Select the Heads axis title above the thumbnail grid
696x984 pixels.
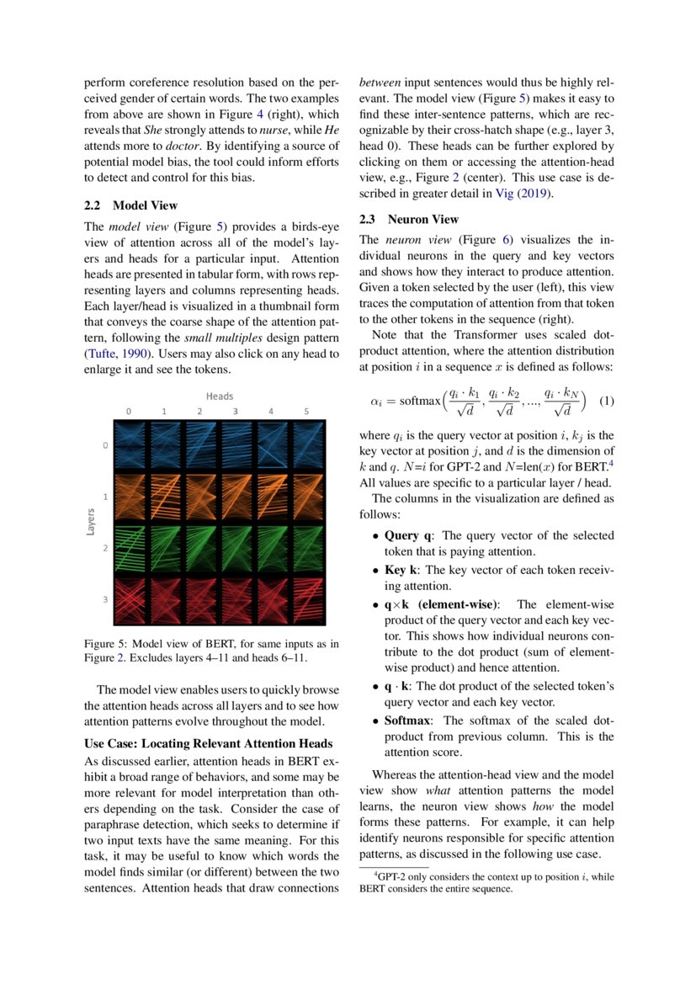pyautogui.click(x=219, y=396)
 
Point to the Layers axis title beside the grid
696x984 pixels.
pyautogui.click(x=90, y=522)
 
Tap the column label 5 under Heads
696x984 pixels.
pyautogui.click(x=306, y=412)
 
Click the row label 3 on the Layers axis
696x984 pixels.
pyautogui.click(x=105, y=599)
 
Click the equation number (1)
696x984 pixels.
pyautogui.click(x=606, y=401)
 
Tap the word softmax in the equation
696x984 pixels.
pyautogui.click(x=419, y=401)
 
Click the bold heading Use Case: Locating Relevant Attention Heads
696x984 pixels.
pyautogui.click(x=209, y=743)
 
